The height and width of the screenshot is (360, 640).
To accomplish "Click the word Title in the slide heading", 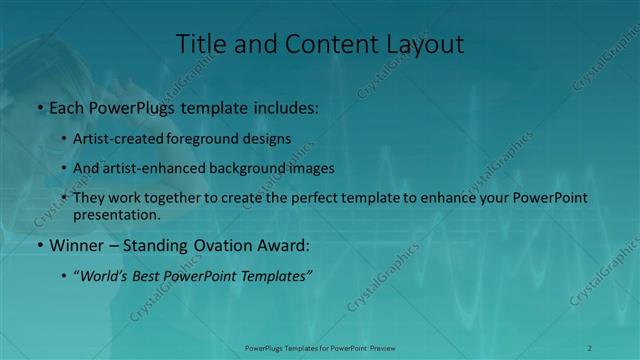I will coord(199,44).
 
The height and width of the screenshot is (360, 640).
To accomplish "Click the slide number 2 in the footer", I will coord(590,348).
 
